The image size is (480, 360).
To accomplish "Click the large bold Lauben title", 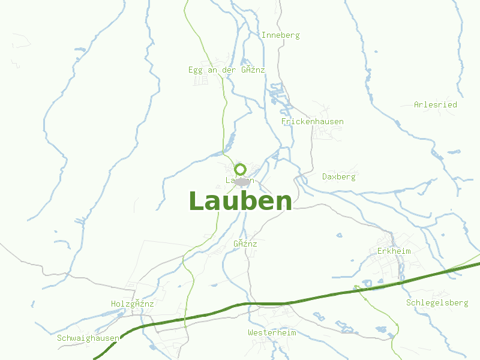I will [240, 201].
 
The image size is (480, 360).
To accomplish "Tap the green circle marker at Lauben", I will [241, 169].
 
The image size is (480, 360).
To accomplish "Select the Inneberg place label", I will [280, 35].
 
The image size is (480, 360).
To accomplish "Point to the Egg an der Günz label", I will [226, 70].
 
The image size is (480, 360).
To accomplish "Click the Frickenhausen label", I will [312, 122].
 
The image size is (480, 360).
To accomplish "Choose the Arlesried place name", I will [435, 105].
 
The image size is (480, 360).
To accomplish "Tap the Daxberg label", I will [338, 177].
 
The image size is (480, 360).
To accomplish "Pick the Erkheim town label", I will [394, 251].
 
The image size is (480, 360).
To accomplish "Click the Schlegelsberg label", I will [437, 303].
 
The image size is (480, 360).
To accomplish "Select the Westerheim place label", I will [272, 332].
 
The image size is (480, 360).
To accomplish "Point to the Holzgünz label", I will [132, 304].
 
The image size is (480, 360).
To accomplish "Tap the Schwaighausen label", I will [88, 338].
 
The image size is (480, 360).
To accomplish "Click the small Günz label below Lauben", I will [245, 244].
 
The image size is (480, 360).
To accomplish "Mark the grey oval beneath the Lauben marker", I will [242, 181].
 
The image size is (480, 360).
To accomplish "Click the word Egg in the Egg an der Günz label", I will [196, 70].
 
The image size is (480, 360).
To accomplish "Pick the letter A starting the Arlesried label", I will [416, 105].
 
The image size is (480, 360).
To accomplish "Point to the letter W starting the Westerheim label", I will [250, 332].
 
